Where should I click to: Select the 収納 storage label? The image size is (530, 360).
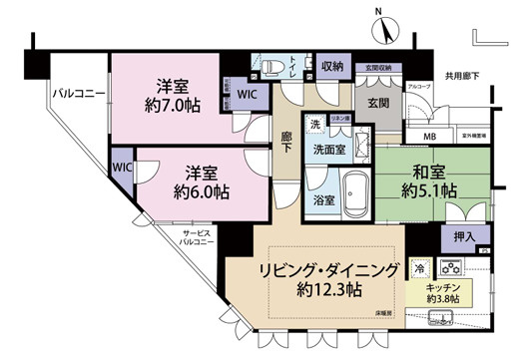[x=332, y=67]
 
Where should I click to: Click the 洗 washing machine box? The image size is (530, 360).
[x=314, y=125]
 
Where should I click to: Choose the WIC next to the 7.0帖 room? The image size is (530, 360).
[x=247, y=95]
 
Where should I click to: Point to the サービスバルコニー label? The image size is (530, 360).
[x=194, y=236]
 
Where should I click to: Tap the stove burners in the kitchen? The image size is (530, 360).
[x=451, y=267]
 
